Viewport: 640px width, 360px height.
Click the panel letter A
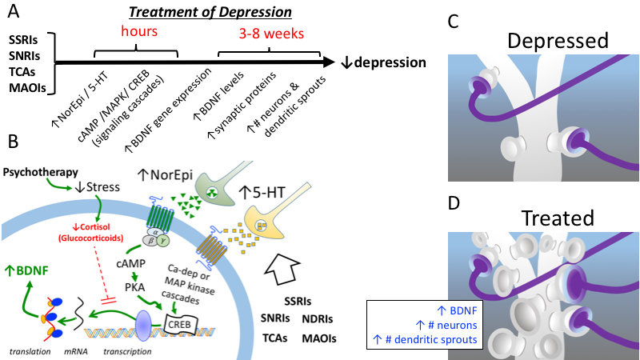14,14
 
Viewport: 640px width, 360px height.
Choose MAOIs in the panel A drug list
26,87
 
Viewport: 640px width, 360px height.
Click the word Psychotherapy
41,172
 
